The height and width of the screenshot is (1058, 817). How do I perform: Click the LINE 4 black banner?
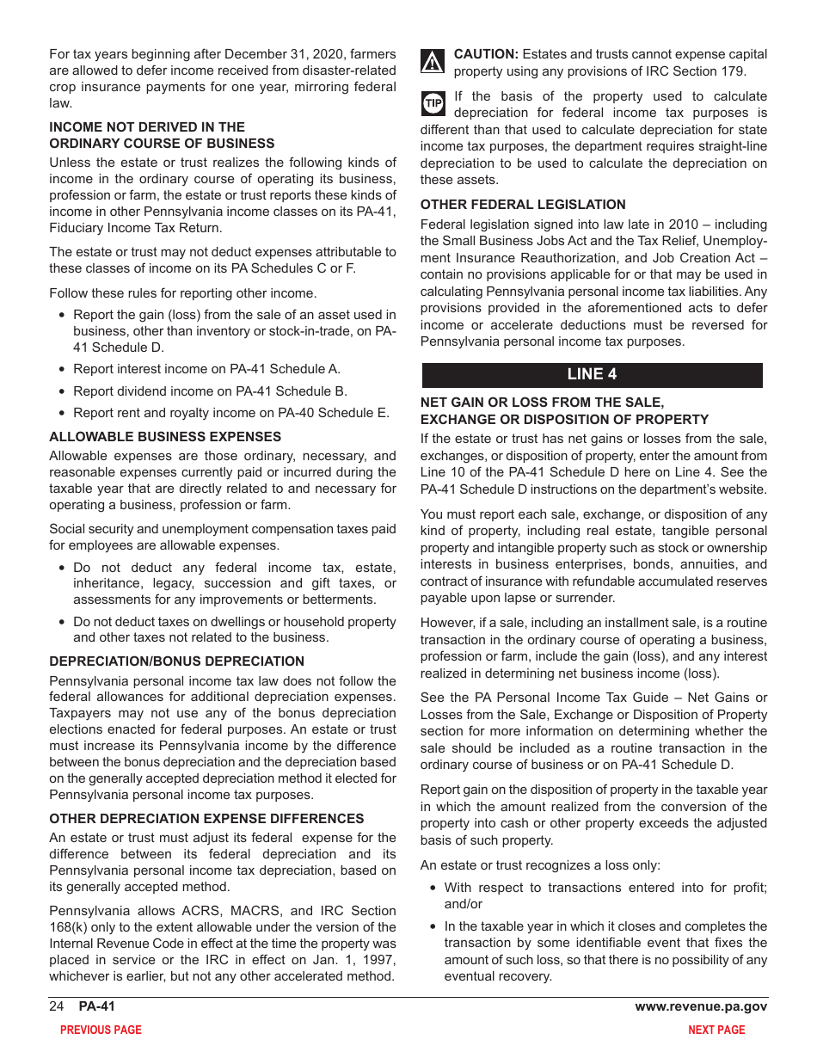point(592,374)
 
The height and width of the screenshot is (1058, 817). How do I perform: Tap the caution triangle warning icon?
point(433,62)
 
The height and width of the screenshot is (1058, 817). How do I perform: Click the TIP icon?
point(433,103)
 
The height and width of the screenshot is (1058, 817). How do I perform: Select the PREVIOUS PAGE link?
point(101,1030)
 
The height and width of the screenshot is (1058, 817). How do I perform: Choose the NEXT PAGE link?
point(716,1030)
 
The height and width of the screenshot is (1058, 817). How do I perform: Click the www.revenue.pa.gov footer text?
point(701,1006)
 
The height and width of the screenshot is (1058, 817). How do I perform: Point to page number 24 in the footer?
point(57,1006)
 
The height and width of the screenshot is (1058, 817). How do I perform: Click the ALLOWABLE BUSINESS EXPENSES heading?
point(165,436)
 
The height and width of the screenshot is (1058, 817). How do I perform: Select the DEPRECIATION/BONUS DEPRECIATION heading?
point(176,661)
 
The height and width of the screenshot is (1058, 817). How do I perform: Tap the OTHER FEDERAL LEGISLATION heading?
point(523,205)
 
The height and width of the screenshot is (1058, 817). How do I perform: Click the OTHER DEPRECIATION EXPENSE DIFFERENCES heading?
point(206,818)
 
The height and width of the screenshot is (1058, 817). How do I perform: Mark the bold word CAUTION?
point(486,54)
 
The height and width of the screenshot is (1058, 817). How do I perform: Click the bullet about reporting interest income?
point(206,369)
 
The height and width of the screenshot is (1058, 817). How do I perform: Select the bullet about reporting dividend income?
point(210,391)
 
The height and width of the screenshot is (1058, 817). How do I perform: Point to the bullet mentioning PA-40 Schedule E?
point(230,413)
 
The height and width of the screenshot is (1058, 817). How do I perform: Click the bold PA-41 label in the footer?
point(96,1006)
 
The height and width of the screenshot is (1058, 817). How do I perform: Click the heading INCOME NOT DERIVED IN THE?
point(147,126)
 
